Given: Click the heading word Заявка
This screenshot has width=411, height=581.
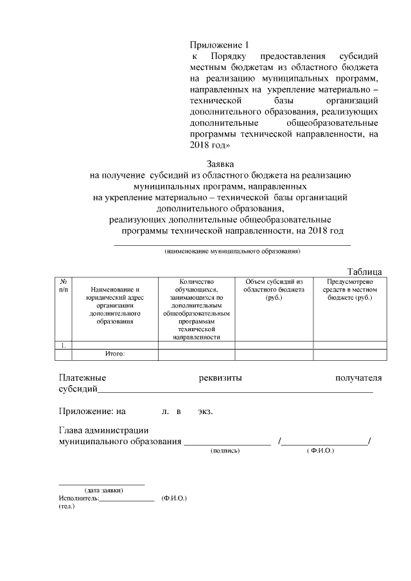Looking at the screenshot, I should pos(220,164).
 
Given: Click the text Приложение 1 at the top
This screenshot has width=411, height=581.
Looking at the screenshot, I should pos(218,44).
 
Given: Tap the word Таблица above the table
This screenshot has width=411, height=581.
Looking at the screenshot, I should pos(365,272).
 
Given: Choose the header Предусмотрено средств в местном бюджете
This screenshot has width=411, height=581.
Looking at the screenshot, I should pos(349,290).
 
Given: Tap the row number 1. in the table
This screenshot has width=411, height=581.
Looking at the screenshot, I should pos(64,345).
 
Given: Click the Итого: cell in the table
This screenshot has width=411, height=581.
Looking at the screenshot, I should pos(115,354).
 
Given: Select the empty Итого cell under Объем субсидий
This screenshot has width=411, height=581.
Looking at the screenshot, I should pos(274,354).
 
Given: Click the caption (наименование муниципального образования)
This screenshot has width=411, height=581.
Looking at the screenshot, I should pos(232,251).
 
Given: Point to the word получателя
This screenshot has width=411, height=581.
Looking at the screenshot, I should pos(358,377).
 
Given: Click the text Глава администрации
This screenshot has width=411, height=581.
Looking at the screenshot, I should pos(103,431).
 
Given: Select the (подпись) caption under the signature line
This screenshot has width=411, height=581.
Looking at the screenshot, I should pos(225,451).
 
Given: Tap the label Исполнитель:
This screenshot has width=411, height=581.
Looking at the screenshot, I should pos(78,498).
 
